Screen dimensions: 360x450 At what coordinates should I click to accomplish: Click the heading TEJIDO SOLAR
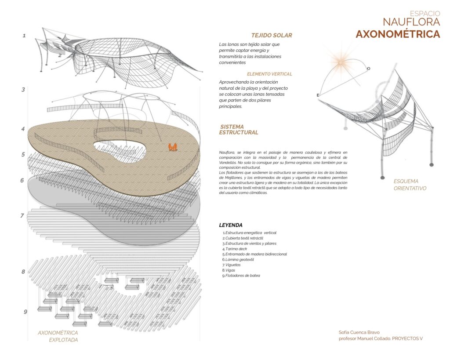point(272,35)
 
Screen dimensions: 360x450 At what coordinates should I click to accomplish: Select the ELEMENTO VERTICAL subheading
point(269,74)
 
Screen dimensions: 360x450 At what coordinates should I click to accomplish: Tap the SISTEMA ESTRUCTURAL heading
point(239,130)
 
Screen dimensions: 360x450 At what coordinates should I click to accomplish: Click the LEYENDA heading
point(231,225)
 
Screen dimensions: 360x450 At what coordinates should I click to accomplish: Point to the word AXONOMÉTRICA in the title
point(398,34)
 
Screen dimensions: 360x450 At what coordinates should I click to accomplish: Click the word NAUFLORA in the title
point(411,22)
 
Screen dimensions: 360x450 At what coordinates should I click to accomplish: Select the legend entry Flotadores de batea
point(242,276)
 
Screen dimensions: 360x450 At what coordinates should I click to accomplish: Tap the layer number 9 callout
point(25,312)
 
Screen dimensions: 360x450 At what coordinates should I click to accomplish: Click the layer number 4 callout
point(23,129)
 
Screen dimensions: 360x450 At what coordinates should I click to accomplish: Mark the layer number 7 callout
point(22,216)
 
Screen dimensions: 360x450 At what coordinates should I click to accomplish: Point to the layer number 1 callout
point(25,36)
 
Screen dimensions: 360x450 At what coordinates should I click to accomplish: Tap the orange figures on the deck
point(172,146)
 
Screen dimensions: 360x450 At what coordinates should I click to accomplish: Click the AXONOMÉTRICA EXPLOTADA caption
point(58,336)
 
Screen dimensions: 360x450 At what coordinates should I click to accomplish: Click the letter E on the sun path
point(317,95)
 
